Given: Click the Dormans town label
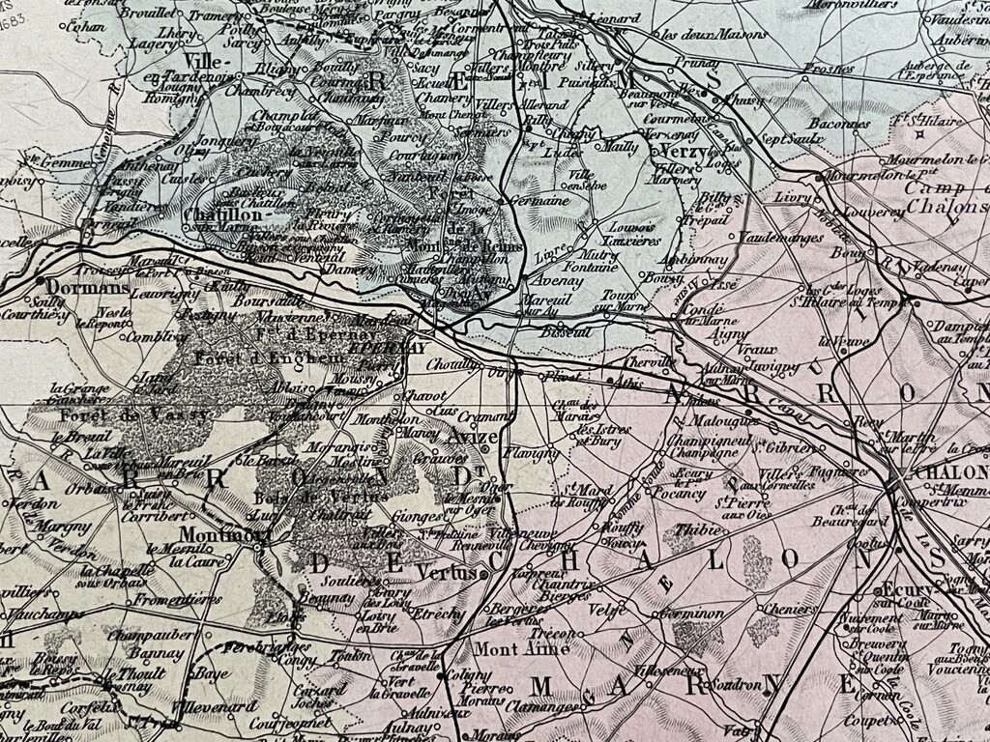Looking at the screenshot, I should pyautogui.click(x=87, y=288).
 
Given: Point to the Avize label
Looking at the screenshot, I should pyautogui.click(x=474, y=438).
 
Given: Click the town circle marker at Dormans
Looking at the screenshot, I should pyautogui.click(x=43, y=281).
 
